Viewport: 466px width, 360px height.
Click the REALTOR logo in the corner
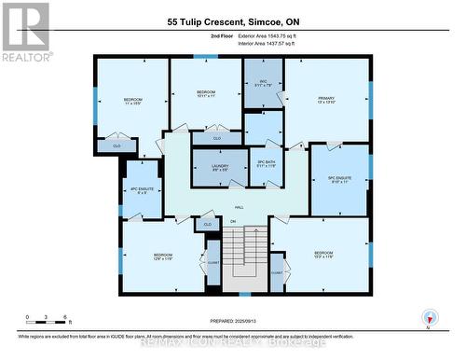point(25,31)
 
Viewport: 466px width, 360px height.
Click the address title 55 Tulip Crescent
point(232,21)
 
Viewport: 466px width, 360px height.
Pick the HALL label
point(239,207)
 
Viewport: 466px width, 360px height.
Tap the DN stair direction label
point(234,221)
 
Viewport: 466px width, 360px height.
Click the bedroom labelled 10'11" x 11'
point(206,94)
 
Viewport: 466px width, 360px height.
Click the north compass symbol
point(428,315)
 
